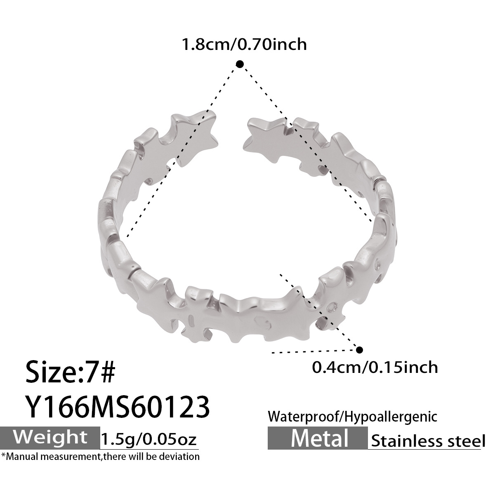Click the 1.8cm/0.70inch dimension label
point(245,44)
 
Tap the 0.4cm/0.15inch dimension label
point(375,366)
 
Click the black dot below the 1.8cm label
point(240,64)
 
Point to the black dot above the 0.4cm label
point(359,350)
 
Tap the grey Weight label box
point(50,437)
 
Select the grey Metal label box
point(318,438)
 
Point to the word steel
point(462,441)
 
